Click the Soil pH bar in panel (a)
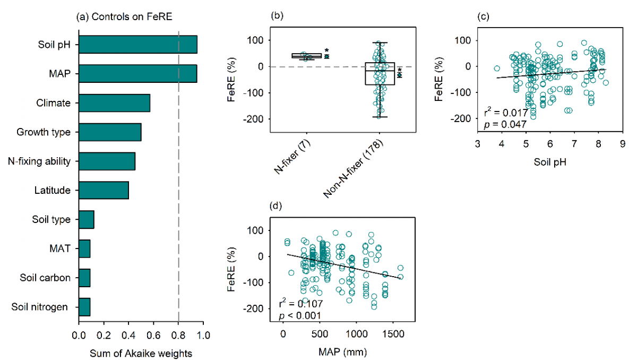(138, 45)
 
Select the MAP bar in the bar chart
(137, 74)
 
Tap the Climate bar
(114, 103)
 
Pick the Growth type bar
(110, 132)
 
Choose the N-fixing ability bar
(107, 161)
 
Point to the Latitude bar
(104, 190)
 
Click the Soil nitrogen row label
(44, 306)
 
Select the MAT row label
(61, 248)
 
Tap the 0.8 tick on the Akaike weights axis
(178, 336)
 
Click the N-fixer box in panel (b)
(307, 56)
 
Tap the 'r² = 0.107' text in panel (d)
(300, 305)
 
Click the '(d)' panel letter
(277, 205)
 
